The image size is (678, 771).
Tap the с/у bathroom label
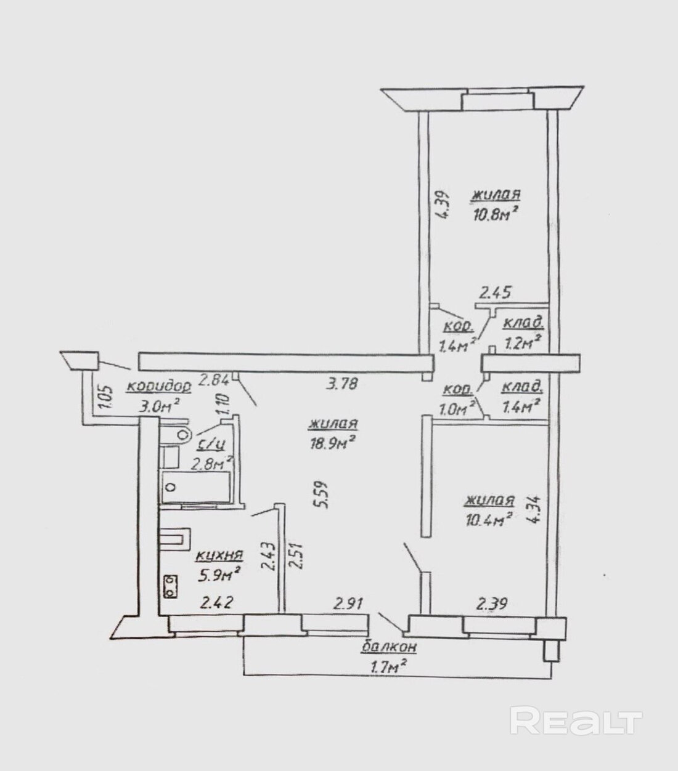pos(211,445)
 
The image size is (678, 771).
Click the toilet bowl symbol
pos(183,434)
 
